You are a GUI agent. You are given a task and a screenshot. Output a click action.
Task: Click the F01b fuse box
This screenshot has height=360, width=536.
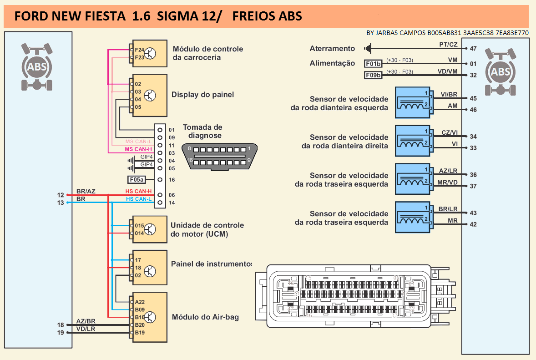point(374,64)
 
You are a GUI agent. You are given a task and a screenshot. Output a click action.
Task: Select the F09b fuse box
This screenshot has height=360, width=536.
point(374,75)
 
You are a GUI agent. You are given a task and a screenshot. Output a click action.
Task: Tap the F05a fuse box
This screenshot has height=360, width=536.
point(136,179)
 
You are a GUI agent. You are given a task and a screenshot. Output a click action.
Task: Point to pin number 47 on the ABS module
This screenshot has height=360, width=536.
point(473,48)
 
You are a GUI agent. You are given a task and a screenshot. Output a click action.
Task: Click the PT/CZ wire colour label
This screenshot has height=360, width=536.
point(448,44)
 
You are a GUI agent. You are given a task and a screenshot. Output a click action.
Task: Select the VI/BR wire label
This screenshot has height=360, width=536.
point(449,94)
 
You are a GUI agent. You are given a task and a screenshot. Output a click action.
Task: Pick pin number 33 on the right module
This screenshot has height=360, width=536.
point(473,148)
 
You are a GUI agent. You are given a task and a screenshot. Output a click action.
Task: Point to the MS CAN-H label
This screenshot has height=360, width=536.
point(138,149)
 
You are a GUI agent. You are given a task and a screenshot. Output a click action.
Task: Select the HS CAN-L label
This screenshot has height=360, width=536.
point(139,199)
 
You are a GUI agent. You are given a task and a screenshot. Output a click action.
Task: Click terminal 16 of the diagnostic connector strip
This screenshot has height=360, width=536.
point(160,179)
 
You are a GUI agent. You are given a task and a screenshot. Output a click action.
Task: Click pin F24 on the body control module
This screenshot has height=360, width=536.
point(139,50)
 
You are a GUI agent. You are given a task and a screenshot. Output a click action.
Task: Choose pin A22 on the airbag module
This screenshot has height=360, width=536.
point(139,302)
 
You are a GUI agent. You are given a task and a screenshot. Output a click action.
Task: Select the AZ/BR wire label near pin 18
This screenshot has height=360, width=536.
point(86,321)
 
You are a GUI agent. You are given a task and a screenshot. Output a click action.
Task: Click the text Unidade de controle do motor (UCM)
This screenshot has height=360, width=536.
point(207,230)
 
